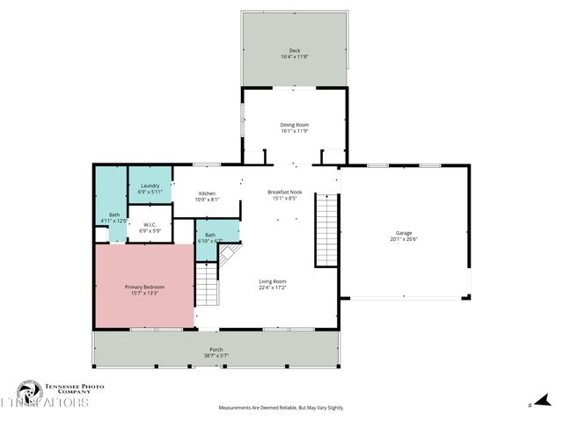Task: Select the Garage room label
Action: [x=404, y=233]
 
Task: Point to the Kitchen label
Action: [x=207, y=193]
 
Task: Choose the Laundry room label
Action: [x=150, y=186]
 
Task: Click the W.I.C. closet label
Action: [x=150, y=224]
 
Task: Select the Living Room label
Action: [x=272, y=281]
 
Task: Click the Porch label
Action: [x=216, y=350]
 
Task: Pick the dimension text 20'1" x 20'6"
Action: [x=404, y=239]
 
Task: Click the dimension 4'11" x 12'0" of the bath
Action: [x=114, y=221]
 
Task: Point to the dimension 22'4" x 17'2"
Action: [x=272, y=287]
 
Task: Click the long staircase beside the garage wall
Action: [x=326, y=229]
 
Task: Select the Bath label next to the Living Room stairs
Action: [x=210, y=235]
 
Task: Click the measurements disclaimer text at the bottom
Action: [x=281, y=408]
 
